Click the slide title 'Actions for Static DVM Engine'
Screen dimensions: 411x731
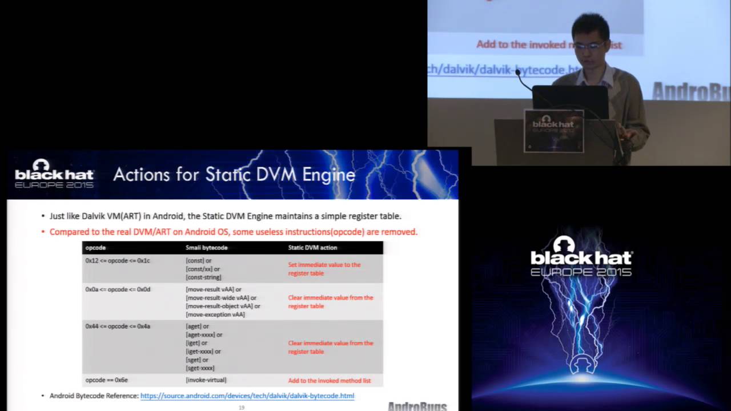click(x=234, y=174)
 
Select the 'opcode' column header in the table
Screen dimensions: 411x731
click(x=95, y=248)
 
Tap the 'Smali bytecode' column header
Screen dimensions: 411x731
click(x=207, y=248)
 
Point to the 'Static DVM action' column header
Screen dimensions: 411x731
click(x=312, y=248)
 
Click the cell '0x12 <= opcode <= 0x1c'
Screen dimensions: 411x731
click(x=118, y=260)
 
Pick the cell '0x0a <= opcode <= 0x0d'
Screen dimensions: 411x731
click(x=118, y=289)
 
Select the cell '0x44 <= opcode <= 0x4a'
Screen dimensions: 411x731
click(x=118, y=326)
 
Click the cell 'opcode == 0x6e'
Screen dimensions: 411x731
click(x=106, y=380)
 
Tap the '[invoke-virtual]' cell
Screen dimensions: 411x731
click(x=206, y=380)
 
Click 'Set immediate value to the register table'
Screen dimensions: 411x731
click(x=324, y=269)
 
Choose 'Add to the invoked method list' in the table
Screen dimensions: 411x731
click(x=330, y=381)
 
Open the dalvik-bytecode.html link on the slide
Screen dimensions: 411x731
click(x=247, y=396)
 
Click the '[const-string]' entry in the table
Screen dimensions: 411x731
click(x=203, y=277)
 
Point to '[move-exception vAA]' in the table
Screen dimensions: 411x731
click(x=215, y=315)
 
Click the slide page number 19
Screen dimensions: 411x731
click(x=242, y=408)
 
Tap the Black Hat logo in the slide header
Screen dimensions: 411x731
click(x=54, y=174)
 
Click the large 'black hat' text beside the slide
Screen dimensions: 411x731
click(x=581, y=257)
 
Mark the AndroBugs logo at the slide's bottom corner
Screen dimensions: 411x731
click(x=417, y=406)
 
